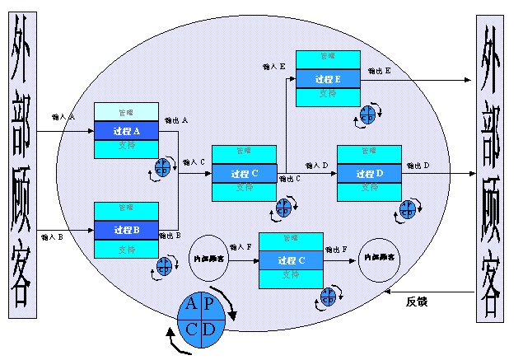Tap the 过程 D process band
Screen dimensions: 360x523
(x=369, y=174)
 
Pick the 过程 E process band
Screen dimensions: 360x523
(x=328, y=79)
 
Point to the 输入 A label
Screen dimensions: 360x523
(x=63, y=117)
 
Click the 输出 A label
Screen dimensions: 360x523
(x=177, y=119)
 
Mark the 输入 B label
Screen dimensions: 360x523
(x=53, y=236)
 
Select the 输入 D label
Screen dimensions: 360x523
(x=316, y=166)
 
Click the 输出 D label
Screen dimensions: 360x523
(x=417, y=166)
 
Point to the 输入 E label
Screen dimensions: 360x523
(x=272, y=64)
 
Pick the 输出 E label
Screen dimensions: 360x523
(x=380, y=71)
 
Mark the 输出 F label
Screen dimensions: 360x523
(x=338, y=247)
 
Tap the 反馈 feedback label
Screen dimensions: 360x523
(x=417, y=302)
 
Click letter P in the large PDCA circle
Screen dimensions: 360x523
(x=208, y=303)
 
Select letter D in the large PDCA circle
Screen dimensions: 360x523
(x=209, y=328)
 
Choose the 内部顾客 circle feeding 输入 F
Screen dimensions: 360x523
(x=208, y=259)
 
